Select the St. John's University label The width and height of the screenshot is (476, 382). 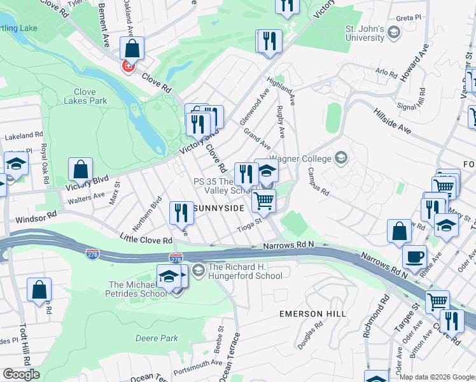coord(365,33)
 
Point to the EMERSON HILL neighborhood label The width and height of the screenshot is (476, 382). coord(313,314)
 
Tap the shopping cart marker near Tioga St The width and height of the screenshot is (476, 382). coord(263,201)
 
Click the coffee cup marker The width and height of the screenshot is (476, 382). coord(415,257)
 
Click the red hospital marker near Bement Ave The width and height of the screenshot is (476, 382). coord(128,66)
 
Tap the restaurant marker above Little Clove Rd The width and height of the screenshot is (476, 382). coord(181,213)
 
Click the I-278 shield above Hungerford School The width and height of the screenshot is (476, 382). coord(176,258)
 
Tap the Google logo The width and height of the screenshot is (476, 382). coord(21,374)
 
